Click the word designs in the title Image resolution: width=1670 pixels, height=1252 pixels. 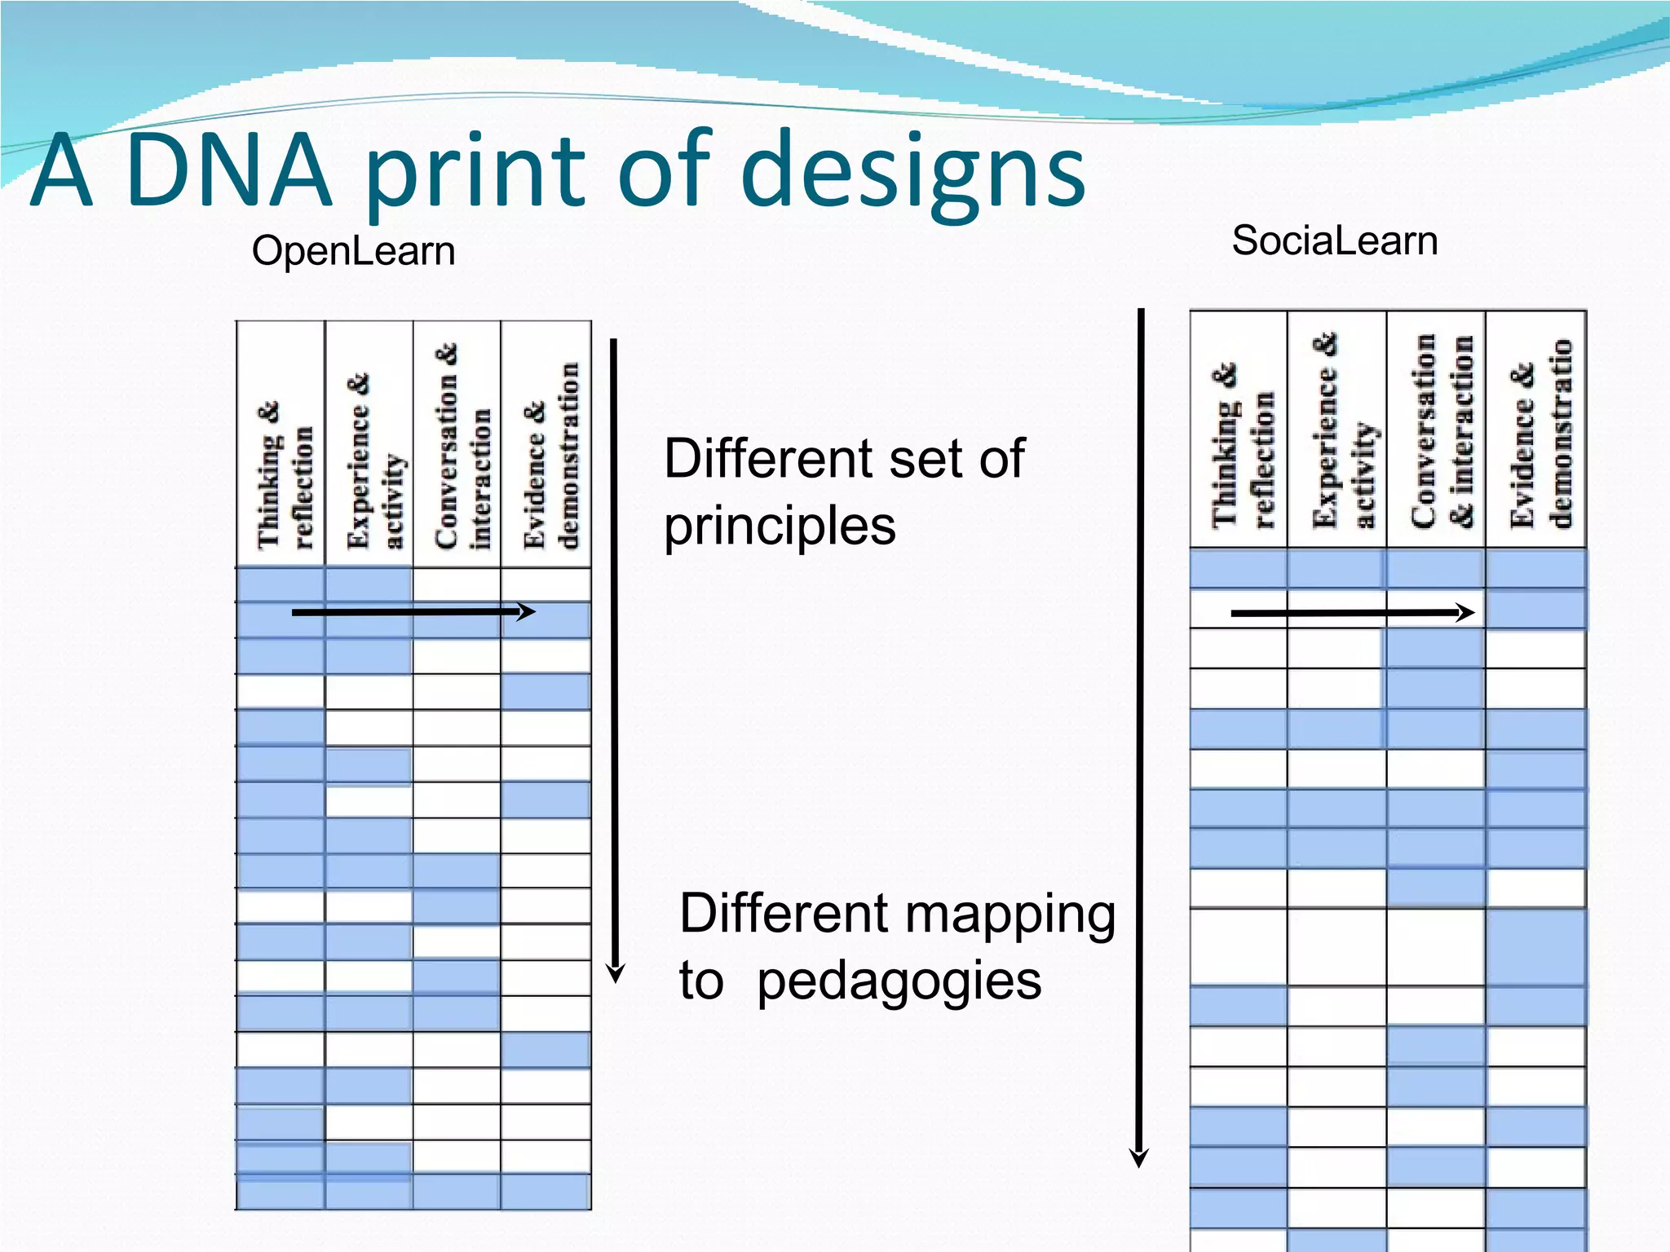click(914, 173)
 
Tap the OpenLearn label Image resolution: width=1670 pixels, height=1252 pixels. click(353, 250)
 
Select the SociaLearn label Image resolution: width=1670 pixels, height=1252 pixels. click(1334, 240)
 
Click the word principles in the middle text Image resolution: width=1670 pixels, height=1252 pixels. click(780, 525)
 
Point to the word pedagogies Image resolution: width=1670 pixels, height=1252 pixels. click(899, 980)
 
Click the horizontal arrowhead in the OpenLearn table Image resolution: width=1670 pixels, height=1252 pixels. click(528, 611)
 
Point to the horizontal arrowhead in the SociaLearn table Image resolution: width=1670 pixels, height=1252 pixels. click(1466, 612)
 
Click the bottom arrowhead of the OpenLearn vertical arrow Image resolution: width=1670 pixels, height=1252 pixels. click(616, 973)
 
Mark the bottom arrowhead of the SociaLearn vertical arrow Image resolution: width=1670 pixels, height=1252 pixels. click(1139, 1157)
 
